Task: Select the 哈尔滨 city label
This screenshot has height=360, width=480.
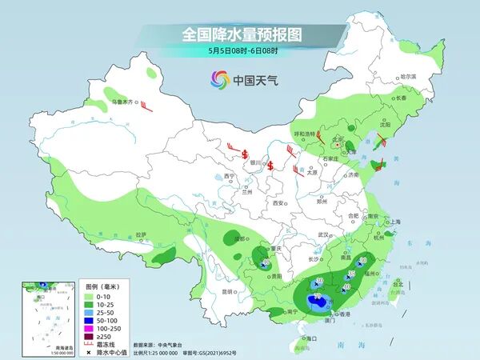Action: point(408,76)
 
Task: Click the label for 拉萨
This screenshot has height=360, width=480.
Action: point(142,234)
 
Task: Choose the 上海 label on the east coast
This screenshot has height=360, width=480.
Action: point(393,222)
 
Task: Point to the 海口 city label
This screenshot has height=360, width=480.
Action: point(310,339)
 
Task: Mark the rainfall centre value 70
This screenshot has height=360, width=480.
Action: point(319,297)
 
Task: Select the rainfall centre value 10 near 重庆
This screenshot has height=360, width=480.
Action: point(266,261)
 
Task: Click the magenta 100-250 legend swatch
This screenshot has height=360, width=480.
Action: point(91,328)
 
